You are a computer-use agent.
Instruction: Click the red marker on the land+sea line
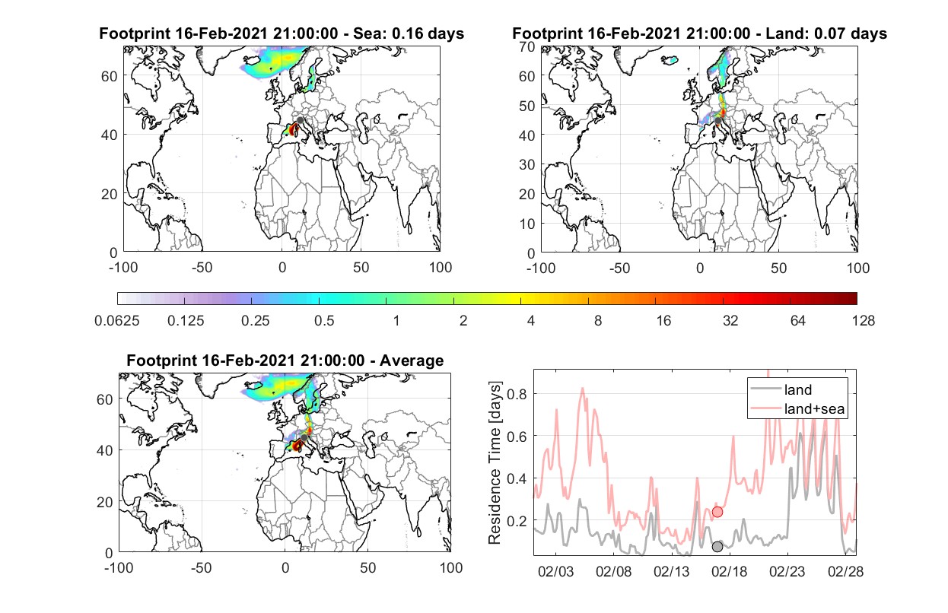717,512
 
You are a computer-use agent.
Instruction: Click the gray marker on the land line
717,547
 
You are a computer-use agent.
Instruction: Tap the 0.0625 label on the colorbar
117,321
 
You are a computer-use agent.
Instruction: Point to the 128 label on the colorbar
863,321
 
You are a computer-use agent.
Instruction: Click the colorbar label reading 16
663,321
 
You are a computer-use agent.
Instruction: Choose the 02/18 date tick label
729,571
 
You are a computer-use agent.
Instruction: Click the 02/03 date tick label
555,571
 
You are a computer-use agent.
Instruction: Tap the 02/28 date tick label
845,571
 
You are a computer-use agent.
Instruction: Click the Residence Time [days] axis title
495,462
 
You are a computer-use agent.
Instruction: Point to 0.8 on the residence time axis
517,394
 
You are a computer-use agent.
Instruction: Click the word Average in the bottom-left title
412,360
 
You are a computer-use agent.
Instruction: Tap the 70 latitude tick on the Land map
527,46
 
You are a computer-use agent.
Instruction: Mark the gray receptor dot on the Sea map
300,120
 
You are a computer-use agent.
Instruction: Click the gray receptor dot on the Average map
304,437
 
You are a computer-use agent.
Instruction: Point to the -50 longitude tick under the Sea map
202,268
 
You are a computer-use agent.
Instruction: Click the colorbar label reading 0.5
324,321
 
